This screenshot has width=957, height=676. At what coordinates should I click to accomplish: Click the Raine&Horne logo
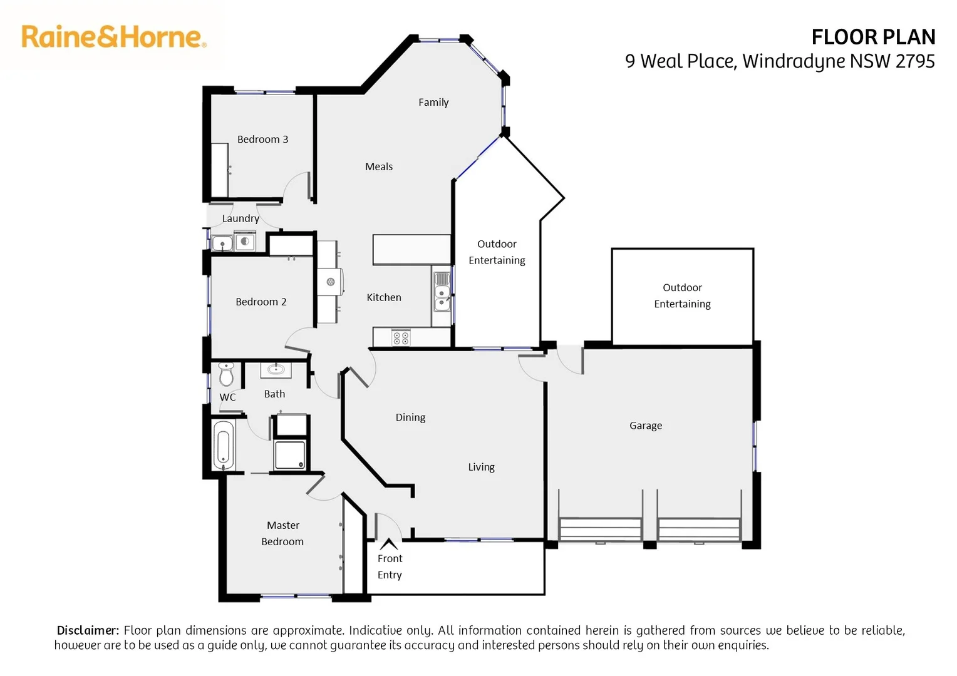click(x=113, y=37)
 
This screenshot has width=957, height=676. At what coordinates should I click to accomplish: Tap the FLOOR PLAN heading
click(x=873, y=38)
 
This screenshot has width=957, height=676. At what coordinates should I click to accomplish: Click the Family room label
click(x=433, y=102)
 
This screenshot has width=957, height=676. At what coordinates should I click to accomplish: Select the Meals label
click(x=379, y=166)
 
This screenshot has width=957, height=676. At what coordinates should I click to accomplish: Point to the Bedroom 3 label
click(x=262, y=139)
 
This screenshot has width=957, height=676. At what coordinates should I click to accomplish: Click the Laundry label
click(x=241, y=218)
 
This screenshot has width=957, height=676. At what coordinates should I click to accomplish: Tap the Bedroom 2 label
click(x=261, y=302)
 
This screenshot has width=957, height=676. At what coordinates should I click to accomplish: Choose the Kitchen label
click(x=384, y=297)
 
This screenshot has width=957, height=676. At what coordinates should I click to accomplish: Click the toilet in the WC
click(x=226, y=374)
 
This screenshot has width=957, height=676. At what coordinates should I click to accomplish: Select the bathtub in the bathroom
click(x=224, y=446)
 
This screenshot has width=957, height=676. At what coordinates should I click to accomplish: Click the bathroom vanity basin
click(x=276, y=369)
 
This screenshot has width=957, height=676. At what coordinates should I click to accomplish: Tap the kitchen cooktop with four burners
click(x=401, y=338)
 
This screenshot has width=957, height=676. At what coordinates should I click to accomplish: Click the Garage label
click(x=646, y=426)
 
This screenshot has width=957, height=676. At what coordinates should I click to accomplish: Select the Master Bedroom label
click(x=282, y=533)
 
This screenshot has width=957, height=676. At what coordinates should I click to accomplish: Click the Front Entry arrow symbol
click(x=389, y=543)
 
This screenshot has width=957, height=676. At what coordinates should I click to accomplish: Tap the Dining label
click(x=410, y=417)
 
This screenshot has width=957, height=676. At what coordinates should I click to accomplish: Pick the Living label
click(x=481, y=467)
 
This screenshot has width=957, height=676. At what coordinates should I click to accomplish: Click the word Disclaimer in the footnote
click(x=88, y=630)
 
